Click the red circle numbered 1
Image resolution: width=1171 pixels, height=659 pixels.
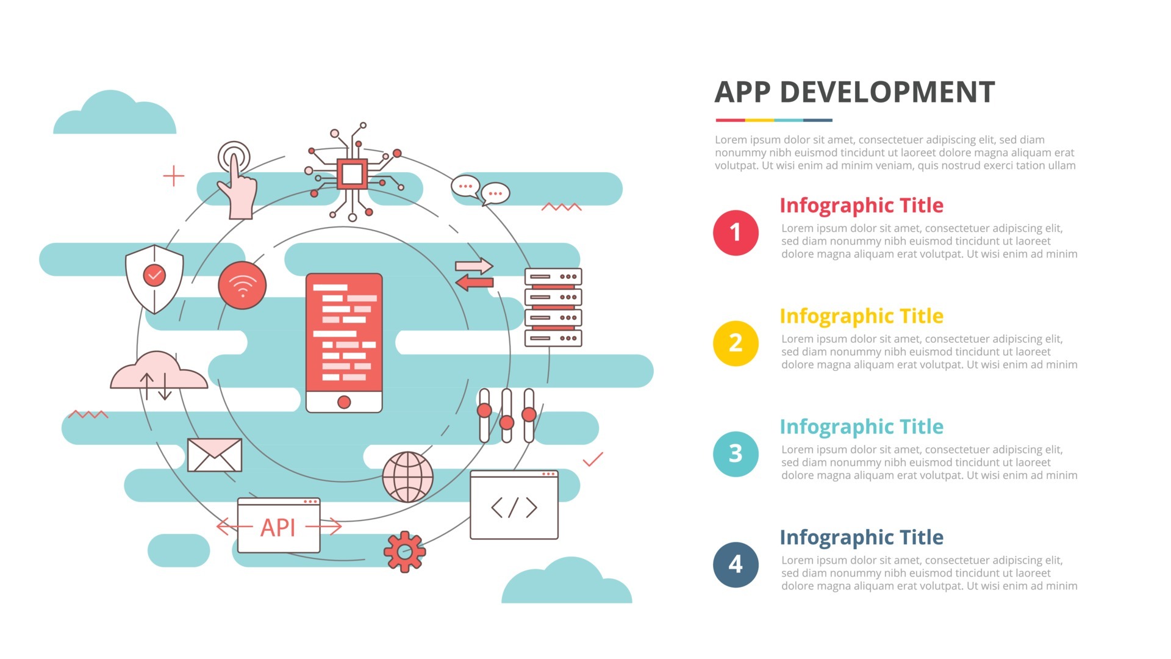point(736,232)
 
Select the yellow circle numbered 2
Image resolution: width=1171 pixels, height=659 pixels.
point(736,343)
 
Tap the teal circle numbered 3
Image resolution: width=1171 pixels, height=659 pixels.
point(736,453)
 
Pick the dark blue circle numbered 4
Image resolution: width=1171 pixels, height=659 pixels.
point(736,564)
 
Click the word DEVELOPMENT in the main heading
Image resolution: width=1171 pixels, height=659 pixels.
point(887,93)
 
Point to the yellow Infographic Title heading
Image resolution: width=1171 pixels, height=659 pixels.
point(861,316)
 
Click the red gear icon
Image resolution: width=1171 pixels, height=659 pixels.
point(404,552)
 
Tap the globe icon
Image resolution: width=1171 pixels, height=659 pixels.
point(408,477)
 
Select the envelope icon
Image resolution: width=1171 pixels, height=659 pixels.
point(214,455)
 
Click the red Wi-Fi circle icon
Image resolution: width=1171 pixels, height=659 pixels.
point(242,286)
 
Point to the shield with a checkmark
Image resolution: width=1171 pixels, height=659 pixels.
point(154,278)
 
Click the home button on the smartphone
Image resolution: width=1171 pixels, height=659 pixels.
point(344,402)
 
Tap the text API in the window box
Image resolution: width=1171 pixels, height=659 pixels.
point(278,528)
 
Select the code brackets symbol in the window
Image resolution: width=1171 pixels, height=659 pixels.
point(514,508)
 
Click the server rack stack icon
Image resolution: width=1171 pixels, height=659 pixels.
point(553,308)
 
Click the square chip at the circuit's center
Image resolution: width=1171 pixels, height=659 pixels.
point(352,175)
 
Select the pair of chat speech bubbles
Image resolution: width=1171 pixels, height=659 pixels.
point(480,190)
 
